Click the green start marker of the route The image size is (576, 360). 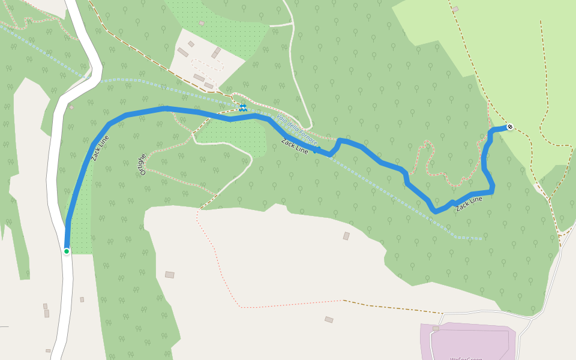coord(67,251)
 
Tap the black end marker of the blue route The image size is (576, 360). coord(509,127)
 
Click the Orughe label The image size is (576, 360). coord(142,164)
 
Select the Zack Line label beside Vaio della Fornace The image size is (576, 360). coord(295,147)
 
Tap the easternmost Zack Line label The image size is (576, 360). coord(469,203)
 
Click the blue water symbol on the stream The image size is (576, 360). coord(242,108)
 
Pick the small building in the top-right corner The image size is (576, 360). coord(455,9)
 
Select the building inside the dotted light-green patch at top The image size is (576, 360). coord(201,23)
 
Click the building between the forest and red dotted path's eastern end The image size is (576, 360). coord(346,236)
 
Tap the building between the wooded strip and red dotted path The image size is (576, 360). coord(170,274)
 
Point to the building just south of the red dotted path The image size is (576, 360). coord(329,319)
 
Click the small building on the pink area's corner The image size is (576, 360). coord(436,328)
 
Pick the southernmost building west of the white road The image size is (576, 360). coord(48,350)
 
